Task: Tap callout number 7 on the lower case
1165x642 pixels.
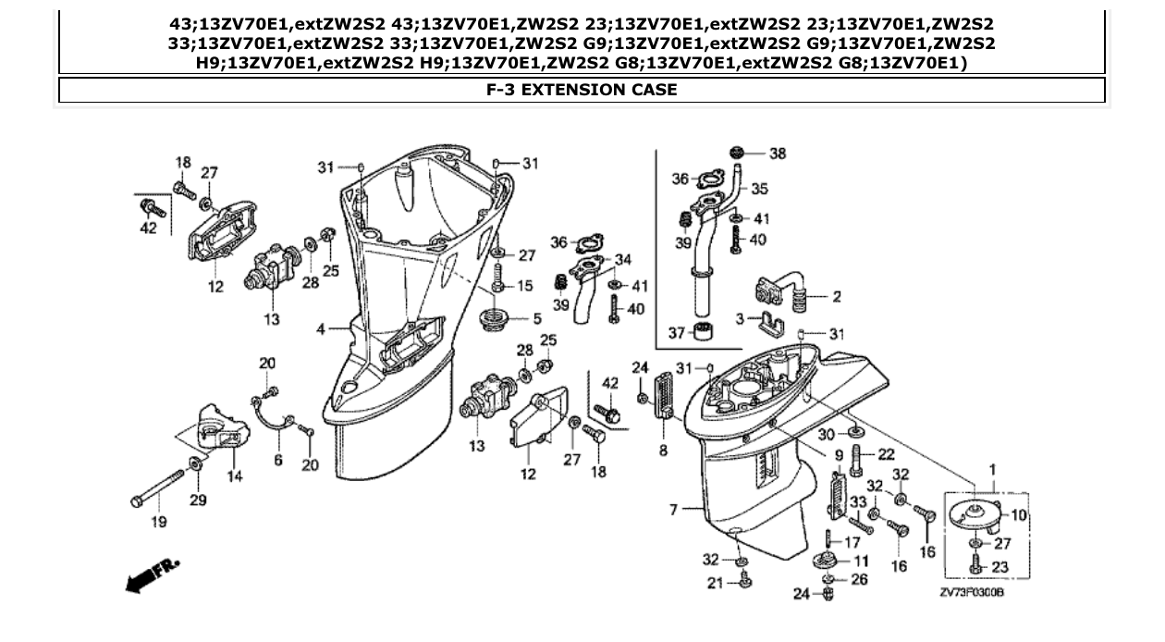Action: tap(674, 510)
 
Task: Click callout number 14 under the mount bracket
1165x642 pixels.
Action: tap(235, 477)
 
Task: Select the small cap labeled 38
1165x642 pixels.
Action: tap(737, 153)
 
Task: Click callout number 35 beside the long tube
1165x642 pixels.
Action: tap(759, 189)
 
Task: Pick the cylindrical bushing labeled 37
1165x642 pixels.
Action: tap(706, 331)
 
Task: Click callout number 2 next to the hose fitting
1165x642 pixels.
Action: tap(836, 297)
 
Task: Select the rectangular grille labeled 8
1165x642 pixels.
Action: tap(663, 395)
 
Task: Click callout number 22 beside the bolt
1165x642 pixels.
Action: tap(886, 454)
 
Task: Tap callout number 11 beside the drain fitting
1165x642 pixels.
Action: tap(860, 561)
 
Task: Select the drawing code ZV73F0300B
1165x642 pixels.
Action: tap(973, 593)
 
